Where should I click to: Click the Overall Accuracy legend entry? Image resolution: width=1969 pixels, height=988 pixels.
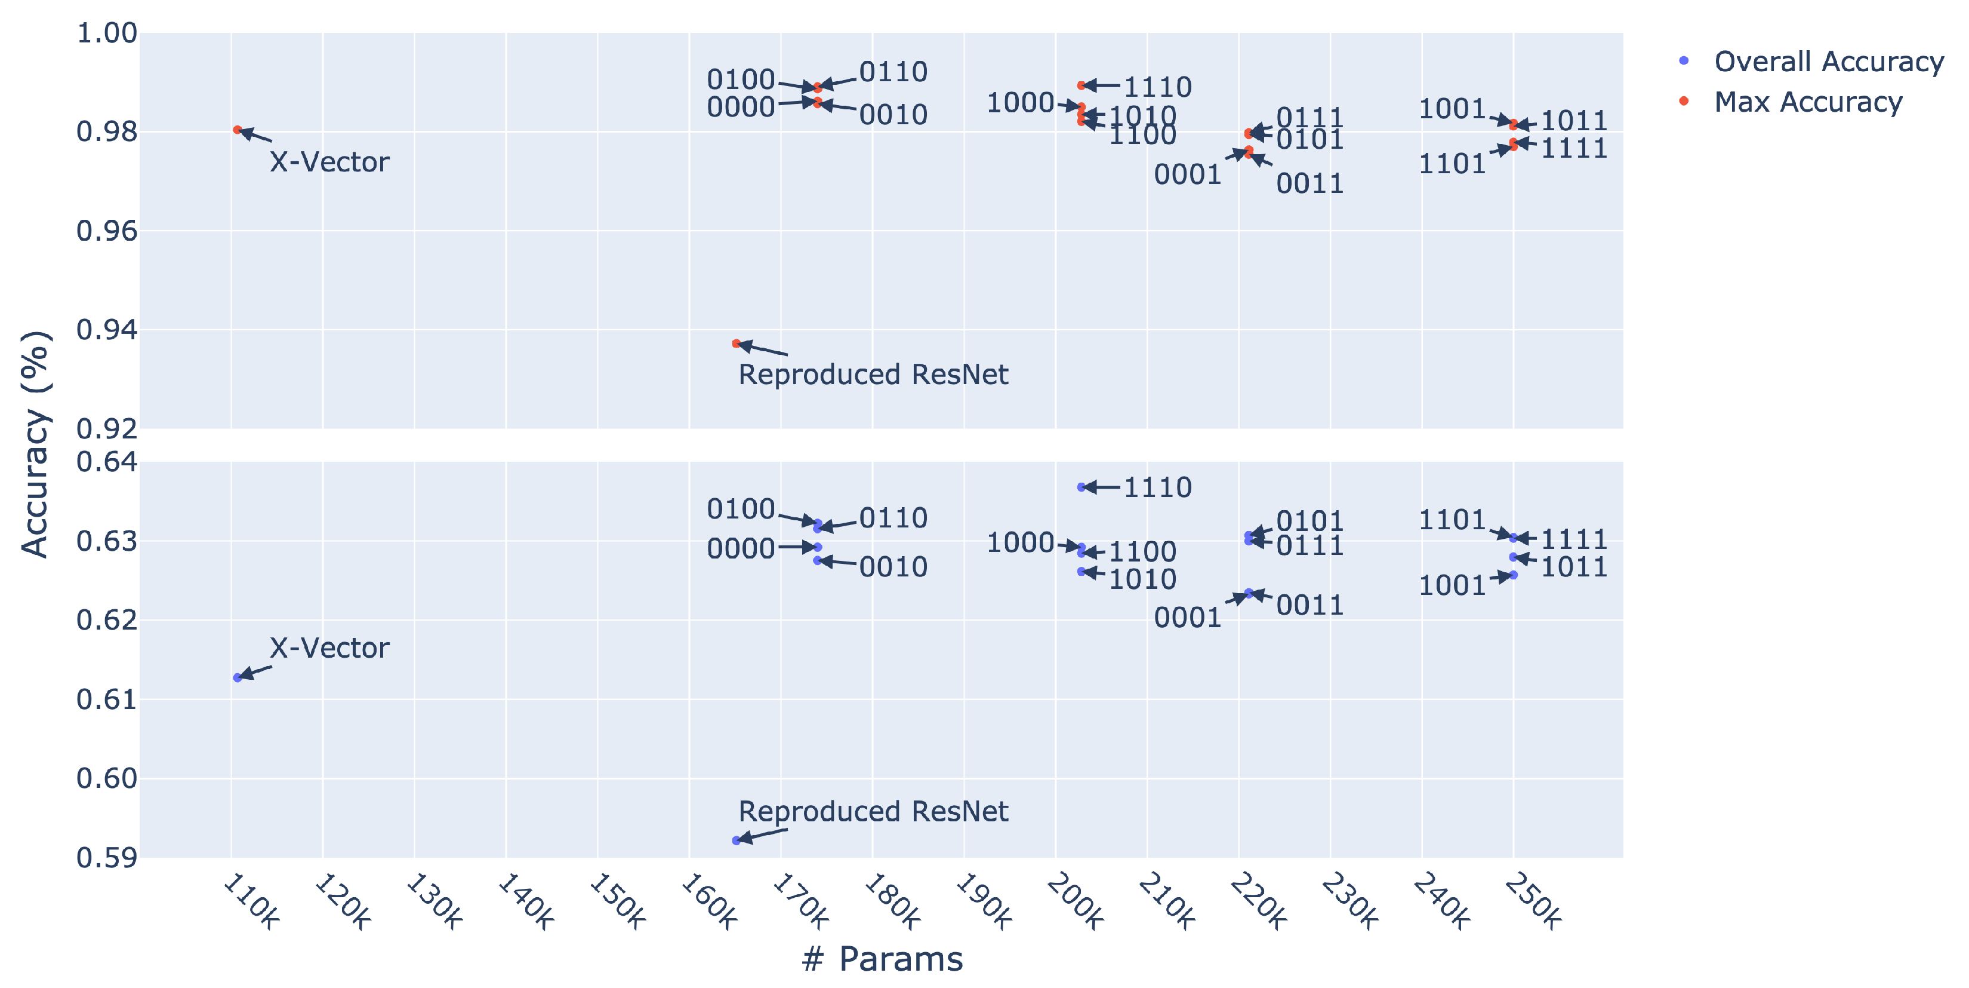(1827, 61)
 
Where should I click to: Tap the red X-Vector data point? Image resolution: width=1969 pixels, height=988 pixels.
(238, 130)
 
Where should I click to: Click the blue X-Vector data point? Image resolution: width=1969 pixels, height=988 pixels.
(238, 677)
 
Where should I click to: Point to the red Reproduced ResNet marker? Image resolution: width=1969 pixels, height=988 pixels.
(736, 343)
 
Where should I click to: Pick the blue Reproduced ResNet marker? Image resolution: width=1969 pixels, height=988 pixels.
(736, 840)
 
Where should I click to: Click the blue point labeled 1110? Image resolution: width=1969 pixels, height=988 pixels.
(1081, 487)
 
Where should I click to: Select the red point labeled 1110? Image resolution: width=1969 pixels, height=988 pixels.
(1081, 85)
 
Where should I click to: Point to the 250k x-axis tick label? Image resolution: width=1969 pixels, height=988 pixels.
(1533, 903)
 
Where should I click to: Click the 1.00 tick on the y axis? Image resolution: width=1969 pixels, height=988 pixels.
(107, 33)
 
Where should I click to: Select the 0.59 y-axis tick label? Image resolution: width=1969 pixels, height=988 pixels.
(107, 858)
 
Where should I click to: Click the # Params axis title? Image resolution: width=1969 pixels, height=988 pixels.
(882, 959)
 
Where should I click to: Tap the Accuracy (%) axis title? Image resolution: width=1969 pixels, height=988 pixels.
(35, 444)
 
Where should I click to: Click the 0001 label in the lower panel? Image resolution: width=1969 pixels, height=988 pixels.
(1187, 618)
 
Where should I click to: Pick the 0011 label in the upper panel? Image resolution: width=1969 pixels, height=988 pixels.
(1309, 183)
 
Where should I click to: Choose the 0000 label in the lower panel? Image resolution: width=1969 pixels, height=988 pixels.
(741, 548)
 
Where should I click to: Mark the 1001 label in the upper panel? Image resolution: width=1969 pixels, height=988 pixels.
(1452, 109)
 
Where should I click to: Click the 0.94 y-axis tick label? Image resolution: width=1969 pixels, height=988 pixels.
(107, 330)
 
